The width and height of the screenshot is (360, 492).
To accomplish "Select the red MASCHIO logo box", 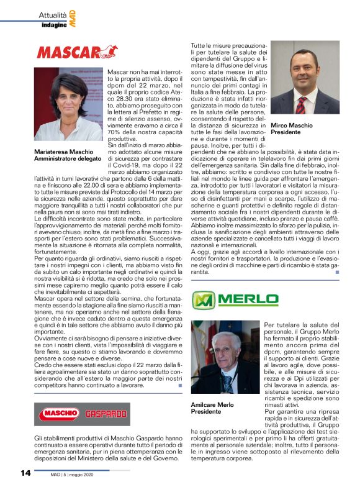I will (60, 414).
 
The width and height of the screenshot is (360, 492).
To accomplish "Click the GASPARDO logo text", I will (101, 414).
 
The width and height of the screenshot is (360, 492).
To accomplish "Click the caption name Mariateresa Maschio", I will (64, 152).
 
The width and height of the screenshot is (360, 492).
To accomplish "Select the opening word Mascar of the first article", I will (120, 73).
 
